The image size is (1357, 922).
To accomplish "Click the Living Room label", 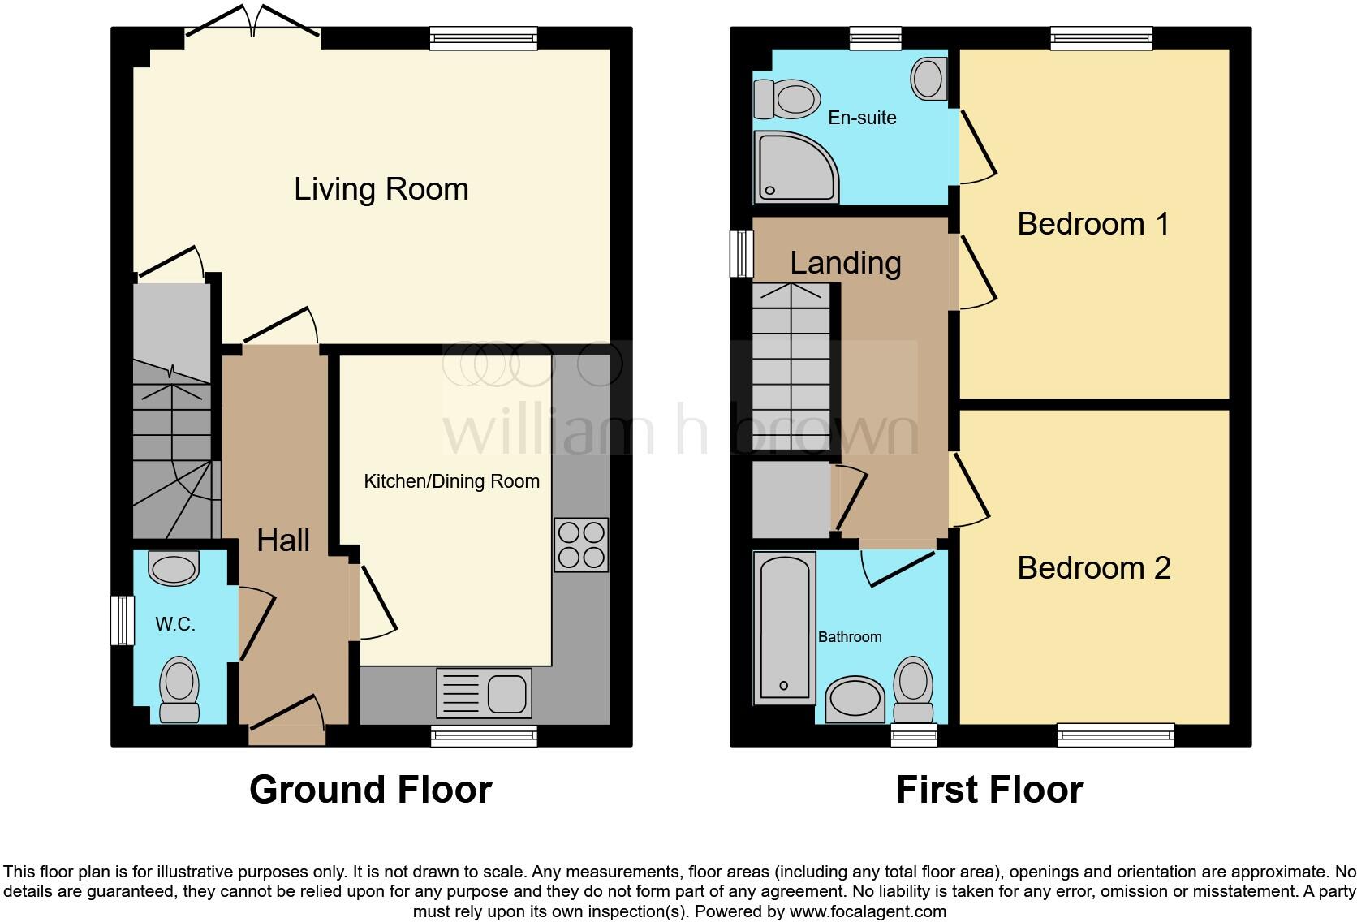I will coord(381,189).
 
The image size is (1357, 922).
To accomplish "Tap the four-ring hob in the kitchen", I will coord(581,545).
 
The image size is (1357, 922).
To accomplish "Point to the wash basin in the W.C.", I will coord(174,568).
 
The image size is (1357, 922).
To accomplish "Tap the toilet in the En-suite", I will coord(787,100).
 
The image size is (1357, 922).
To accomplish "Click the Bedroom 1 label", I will coord(1093,224).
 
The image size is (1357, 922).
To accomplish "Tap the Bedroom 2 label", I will coord(1093,568).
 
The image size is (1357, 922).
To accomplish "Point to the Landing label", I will coord(845,263).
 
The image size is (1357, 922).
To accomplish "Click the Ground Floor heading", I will coord(370,790).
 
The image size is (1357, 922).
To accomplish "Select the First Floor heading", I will coord(989,790).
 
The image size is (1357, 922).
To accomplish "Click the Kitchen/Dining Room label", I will coord(451,481).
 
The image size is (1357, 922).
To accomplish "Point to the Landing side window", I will coord(741,254).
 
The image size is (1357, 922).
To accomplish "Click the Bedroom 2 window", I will coord(1115,735).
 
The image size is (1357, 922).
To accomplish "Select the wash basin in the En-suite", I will coord(928,79).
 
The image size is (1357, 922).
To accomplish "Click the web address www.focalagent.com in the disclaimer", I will coord(867,911).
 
